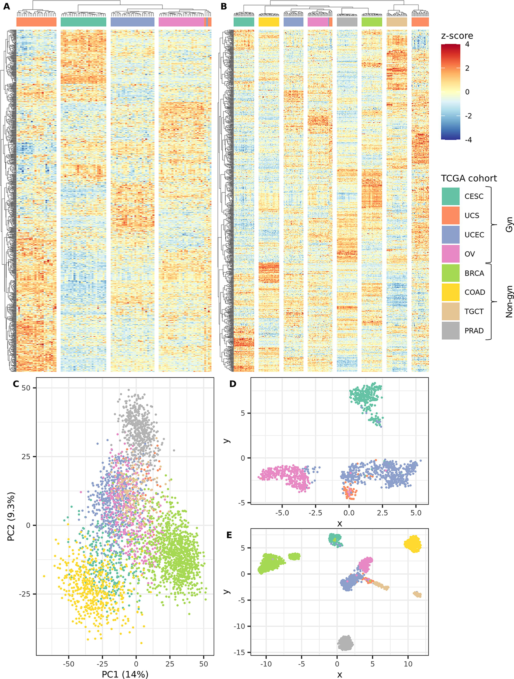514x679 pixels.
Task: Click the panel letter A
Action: [x=7, y=7]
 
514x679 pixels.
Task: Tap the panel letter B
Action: [x=224, y=7]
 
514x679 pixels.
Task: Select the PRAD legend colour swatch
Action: [x=450, y=331]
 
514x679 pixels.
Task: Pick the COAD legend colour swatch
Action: [x=450, y=292]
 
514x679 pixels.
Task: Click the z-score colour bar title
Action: [x=457, y=36]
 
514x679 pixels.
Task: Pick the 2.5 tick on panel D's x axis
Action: [x=382, y=513]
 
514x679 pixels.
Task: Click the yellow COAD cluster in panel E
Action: [x=412, y=544]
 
